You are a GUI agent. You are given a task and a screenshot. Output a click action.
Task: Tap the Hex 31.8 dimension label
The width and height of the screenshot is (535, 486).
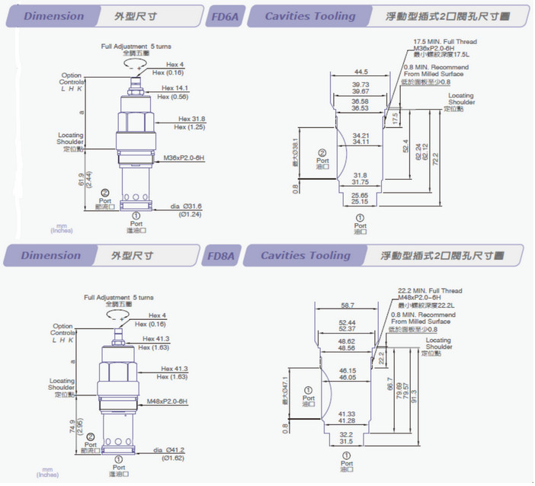[x=192, y=119]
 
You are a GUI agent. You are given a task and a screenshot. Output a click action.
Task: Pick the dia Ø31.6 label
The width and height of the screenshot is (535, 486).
[x=186, y=206]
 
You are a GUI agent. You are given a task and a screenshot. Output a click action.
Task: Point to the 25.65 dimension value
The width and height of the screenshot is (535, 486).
[x=360, y=196]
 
